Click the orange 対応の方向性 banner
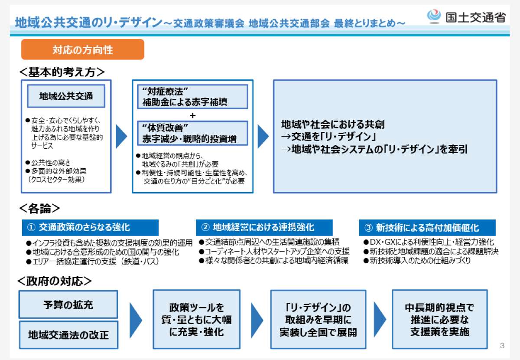coord(83,49)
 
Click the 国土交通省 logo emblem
coord(434,16)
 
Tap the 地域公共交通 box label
coord(66,96)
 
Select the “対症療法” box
coord(192,97)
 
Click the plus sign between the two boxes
coord(192,115)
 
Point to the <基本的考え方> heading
coord(62,72)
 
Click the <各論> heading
coord(40,208)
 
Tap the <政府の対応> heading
coord(55,281)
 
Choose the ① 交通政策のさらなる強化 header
coord(90,228)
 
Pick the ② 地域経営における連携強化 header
coord(264,228)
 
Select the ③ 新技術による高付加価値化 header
coord(427,228)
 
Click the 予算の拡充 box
coord(68,304)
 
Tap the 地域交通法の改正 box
coord(69,335)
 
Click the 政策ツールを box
coord(197,319)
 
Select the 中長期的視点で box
coord(440,319)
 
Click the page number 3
coord(502,346)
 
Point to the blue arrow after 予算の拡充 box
coord(136,320)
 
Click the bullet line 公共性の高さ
coord(48,163)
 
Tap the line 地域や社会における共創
coord(333,124)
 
